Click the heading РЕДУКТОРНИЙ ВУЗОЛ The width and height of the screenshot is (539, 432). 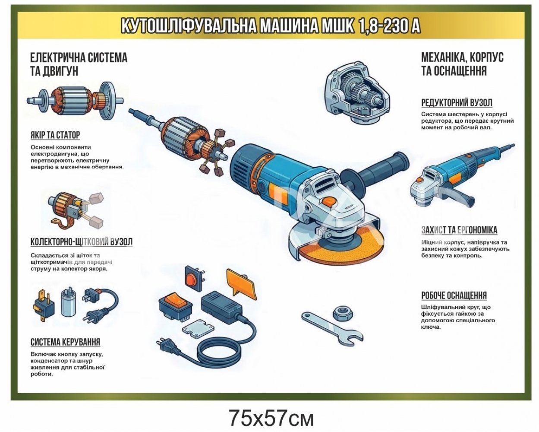click(x=457, y=103)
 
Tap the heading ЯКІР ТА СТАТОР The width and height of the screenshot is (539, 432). click(x=55, y=135)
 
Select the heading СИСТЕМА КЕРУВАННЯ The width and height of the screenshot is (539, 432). click(x=65, y=342)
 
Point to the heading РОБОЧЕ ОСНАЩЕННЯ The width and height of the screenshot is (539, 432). click(x=454, y=295)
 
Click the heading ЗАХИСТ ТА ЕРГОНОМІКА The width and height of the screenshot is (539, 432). click(x=459, y=230)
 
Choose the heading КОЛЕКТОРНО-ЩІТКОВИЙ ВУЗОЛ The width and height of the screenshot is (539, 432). click(x=82, y=242)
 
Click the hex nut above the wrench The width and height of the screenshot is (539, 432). click(x=343, y=313)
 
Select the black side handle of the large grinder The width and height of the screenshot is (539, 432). click(x=376, y=171)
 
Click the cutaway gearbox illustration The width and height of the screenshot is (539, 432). click(x=357, y=93)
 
